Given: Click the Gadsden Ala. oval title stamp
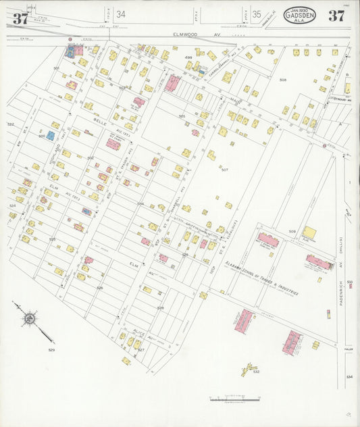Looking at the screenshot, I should coord(299,15).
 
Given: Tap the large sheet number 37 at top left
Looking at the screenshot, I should coord(20,18).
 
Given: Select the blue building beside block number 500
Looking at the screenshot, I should coord(51,135).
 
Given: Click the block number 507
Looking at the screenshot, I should coord(224,170).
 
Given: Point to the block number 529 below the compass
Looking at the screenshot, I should coord(51,349).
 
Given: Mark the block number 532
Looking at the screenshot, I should coord(256,372).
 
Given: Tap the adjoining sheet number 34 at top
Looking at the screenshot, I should coord(120,14).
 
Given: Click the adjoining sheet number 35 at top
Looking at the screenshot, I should coord(257,14).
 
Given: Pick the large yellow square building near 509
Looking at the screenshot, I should coord(309,233).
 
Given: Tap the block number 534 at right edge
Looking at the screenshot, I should coord(349,376).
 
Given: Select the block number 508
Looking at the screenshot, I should coord(283,80).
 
